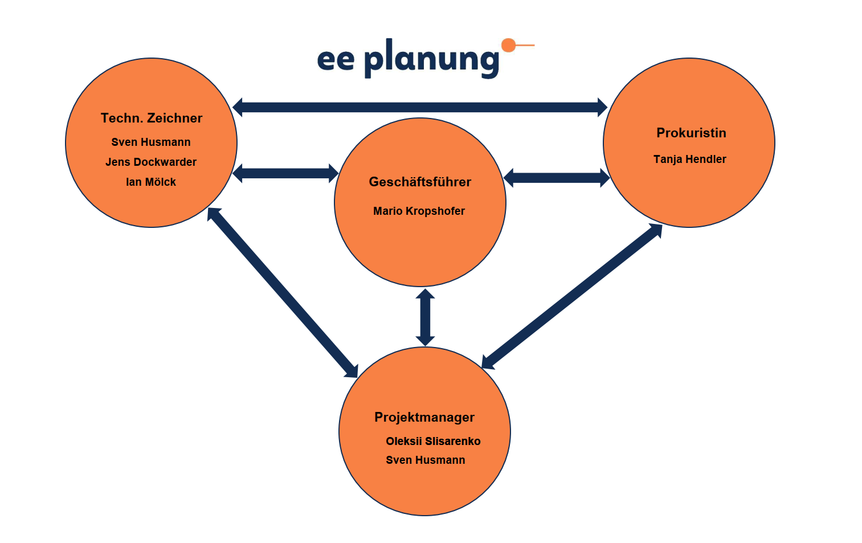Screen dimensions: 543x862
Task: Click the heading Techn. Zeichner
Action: point(152,119)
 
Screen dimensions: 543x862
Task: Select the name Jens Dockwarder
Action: point(151,162)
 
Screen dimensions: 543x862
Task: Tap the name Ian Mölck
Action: point(151,182)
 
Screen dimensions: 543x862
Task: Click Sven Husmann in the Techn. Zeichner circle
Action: point(151,142)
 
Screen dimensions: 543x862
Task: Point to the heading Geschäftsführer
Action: point(420,182)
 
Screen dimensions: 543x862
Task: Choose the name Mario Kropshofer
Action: point(419,211)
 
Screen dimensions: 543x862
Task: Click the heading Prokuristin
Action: point(691,133)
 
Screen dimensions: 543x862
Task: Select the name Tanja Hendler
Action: point(689,160)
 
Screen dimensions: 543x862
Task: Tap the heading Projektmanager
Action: point(424,418)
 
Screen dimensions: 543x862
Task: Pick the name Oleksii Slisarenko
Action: point(433,442)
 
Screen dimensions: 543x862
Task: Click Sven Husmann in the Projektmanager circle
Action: point(426,460)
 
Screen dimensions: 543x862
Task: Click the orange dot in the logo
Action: point(508,45)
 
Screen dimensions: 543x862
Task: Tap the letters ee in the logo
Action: point(336,60)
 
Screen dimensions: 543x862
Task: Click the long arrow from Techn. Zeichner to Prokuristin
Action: point(420,107)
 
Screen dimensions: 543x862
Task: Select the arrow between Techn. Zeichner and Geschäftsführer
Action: point(285,173)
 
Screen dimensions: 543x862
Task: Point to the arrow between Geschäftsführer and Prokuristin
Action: point(557,178)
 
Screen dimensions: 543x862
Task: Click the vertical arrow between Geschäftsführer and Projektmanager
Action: point(425,317)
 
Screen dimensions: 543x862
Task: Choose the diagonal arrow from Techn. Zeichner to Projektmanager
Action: point(283,293)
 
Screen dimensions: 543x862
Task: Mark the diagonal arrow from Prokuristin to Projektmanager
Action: point(572,296)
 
